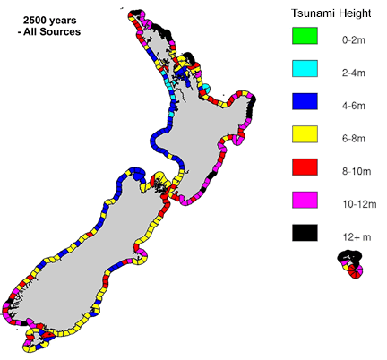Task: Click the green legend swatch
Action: tap(305, 39)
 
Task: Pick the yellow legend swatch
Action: tap(305, 136)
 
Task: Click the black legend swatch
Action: tap(305, 233)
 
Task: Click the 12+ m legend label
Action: tap(353, 234)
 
